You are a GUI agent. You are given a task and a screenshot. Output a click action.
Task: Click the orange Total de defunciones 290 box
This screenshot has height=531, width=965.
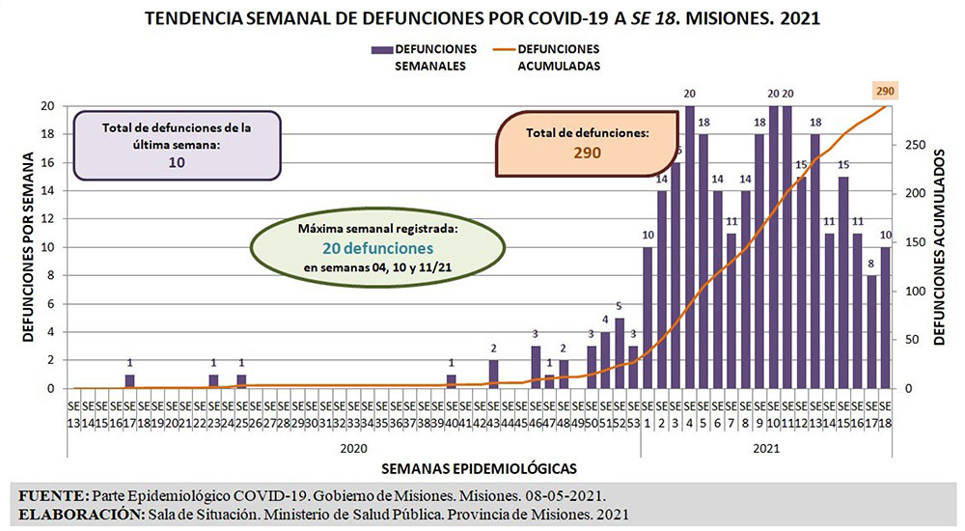[587, 143]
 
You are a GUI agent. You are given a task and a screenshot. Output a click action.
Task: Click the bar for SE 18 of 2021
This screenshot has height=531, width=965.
[885, 318]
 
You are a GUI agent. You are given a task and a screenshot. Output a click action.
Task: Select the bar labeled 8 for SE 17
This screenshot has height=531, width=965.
[871, 332]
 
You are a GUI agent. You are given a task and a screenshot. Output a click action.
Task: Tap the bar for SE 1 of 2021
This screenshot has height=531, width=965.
[648, 318]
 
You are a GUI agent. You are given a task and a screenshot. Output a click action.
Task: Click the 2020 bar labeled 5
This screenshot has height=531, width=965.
[620, 353]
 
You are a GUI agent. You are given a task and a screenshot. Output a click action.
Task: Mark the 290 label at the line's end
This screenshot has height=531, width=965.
[885, 91]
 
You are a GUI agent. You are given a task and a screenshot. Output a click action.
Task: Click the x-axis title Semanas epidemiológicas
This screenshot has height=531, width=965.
[479, 468]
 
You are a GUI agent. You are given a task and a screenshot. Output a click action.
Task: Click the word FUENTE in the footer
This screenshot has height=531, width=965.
[53, 494]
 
